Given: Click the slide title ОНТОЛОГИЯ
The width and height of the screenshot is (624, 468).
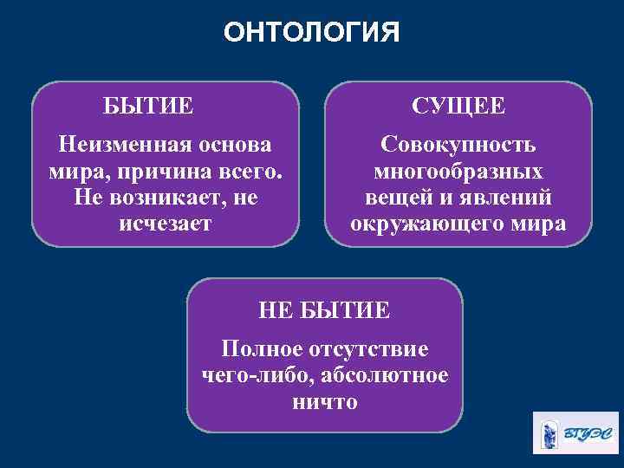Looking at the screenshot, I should (311, 32).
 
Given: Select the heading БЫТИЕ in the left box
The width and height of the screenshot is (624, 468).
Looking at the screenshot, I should (148, 107).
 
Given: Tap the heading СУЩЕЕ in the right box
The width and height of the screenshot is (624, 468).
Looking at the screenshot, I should (458, 107).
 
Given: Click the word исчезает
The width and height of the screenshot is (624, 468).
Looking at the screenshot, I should (164, 224).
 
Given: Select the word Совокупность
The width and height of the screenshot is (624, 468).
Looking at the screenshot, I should (458, 143).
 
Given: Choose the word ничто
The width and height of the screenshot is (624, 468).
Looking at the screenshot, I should (325, 403).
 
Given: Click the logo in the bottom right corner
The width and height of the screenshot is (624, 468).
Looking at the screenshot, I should (575, 432).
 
